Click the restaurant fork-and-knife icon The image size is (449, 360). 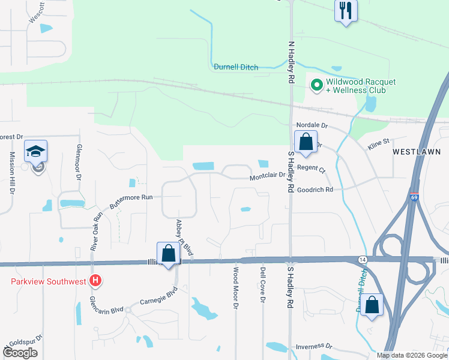point(346,11)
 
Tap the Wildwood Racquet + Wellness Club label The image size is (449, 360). point(355,86)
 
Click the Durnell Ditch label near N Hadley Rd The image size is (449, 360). point(236,67)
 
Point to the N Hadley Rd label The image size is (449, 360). point(292,62)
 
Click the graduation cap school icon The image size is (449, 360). point(35,151)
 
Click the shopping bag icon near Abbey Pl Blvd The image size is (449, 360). point(169,253)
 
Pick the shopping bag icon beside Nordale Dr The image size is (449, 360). point(306,142)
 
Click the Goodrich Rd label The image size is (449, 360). point(316,189)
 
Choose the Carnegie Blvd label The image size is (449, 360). point(159,297)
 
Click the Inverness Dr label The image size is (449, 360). point(314,346)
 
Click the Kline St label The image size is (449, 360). point(378,141)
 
